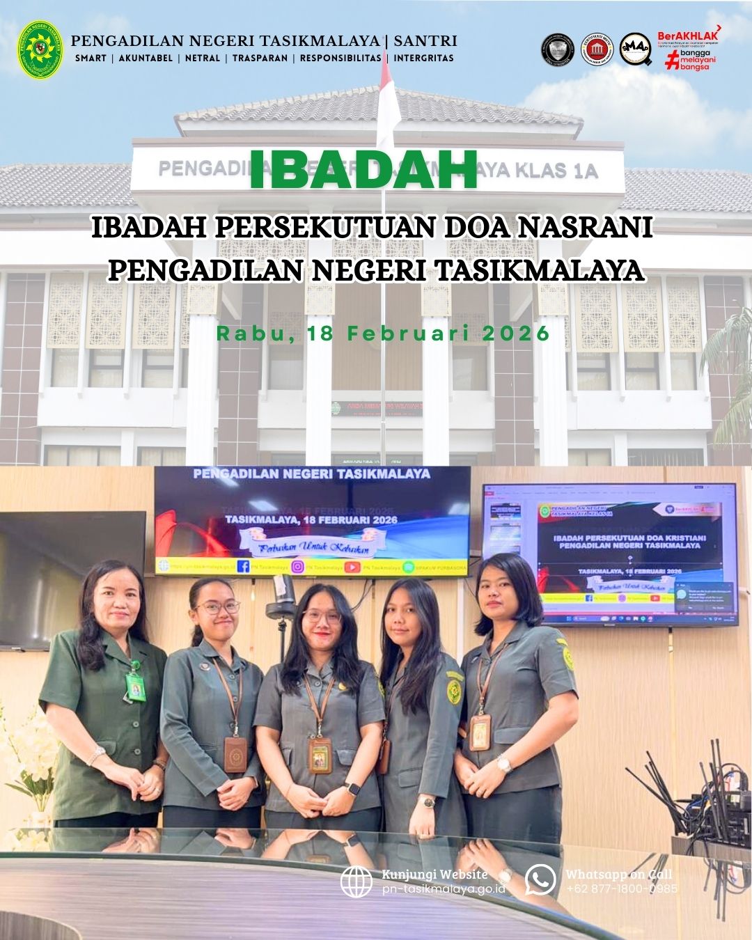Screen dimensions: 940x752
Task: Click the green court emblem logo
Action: click(x=39, y=49)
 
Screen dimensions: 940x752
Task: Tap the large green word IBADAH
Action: click(x=363, y=169)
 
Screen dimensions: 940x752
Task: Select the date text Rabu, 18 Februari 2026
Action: click(x=383, y=334)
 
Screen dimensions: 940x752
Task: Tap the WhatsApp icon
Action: click(x=540, y=879)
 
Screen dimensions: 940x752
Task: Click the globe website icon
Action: click(x=357, y=882)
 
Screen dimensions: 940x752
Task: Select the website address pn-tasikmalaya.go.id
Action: click(x=444, y=889)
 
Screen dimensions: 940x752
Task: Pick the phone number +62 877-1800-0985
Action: click(x=621, y=888)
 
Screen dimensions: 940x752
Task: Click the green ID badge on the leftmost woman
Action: click(x=133, y=687)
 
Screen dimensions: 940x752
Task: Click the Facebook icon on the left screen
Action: click(x=244, y=567)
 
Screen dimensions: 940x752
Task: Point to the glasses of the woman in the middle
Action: click(x=321, y=616)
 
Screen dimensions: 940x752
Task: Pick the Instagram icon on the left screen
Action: click(x=297, y=567)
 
